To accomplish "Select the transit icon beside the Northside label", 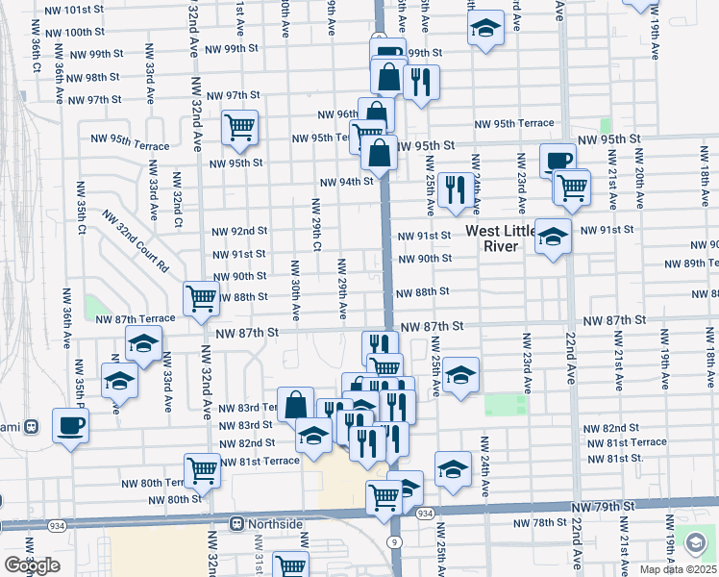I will pos(236,524).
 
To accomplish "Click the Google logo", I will pos(32,564).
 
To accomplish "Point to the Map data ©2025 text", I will pos(677,569).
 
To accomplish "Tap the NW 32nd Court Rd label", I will pos(142,247).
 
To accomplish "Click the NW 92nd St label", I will pos(239,231).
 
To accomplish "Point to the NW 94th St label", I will pos(346,182).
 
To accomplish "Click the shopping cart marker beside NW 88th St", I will pos(202,297).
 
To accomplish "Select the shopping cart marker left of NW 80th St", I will pos(202,470).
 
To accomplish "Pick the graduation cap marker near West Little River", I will pos(553,235).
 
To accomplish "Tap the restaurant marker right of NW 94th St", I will pos(456,189).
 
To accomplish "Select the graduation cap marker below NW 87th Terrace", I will pos(143,343).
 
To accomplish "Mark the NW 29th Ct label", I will pos(316,225).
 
